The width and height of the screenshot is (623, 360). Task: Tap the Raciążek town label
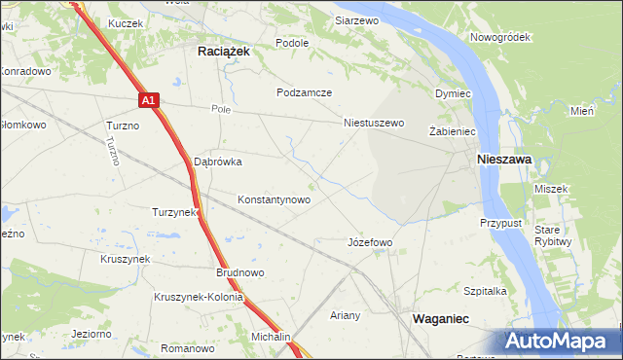click(x=225, y=54)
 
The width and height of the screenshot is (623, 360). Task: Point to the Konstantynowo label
click(x=275, y=199)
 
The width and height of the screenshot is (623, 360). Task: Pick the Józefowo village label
click(x=370, y=242)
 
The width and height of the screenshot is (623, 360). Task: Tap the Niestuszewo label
click(x=374, y=124)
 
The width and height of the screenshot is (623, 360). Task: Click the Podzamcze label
click(x=305, y=92)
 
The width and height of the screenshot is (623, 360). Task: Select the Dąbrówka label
click(x=218, y=162)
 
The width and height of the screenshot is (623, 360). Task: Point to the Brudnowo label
click(x=240, y=273)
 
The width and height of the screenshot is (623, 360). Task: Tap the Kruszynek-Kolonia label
click(x=198, y=297)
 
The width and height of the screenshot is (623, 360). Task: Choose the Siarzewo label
click(x=356, y=19)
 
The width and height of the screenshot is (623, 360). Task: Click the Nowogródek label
click(x=498, y=37)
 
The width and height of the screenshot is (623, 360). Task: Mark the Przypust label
click(x=501, y=223)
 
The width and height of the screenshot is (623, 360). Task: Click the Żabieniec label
click(x=451, y=130)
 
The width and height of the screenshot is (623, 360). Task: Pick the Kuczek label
click(x=127, y=22)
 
